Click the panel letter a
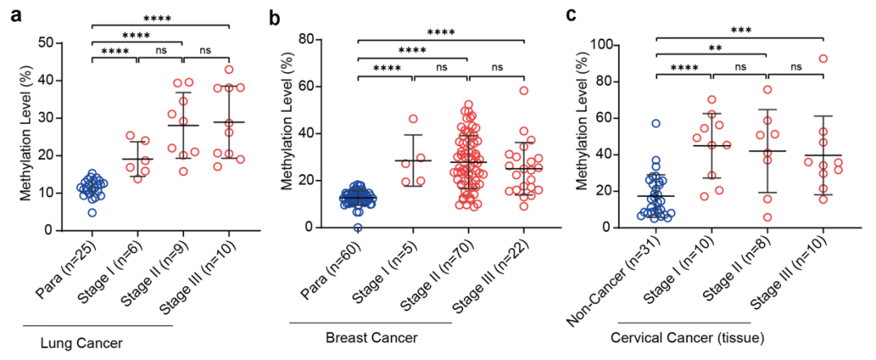click(15, 15)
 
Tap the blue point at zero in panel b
click(358, 228)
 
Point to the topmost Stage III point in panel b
click(525, 91)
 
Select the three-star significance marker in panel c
click(739, 31)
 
